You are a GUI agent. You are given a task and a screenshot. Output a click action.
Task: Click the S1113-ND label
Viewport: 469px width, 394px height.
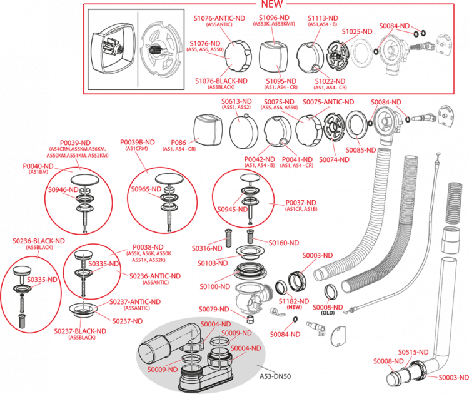323,19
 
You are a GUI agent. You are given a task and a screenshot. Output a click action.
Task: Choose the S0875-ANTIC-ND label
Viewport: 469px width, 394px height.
328,102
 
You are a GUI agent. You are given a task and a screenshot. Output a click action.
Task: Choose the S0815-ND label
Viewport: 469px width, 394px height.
413,351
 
